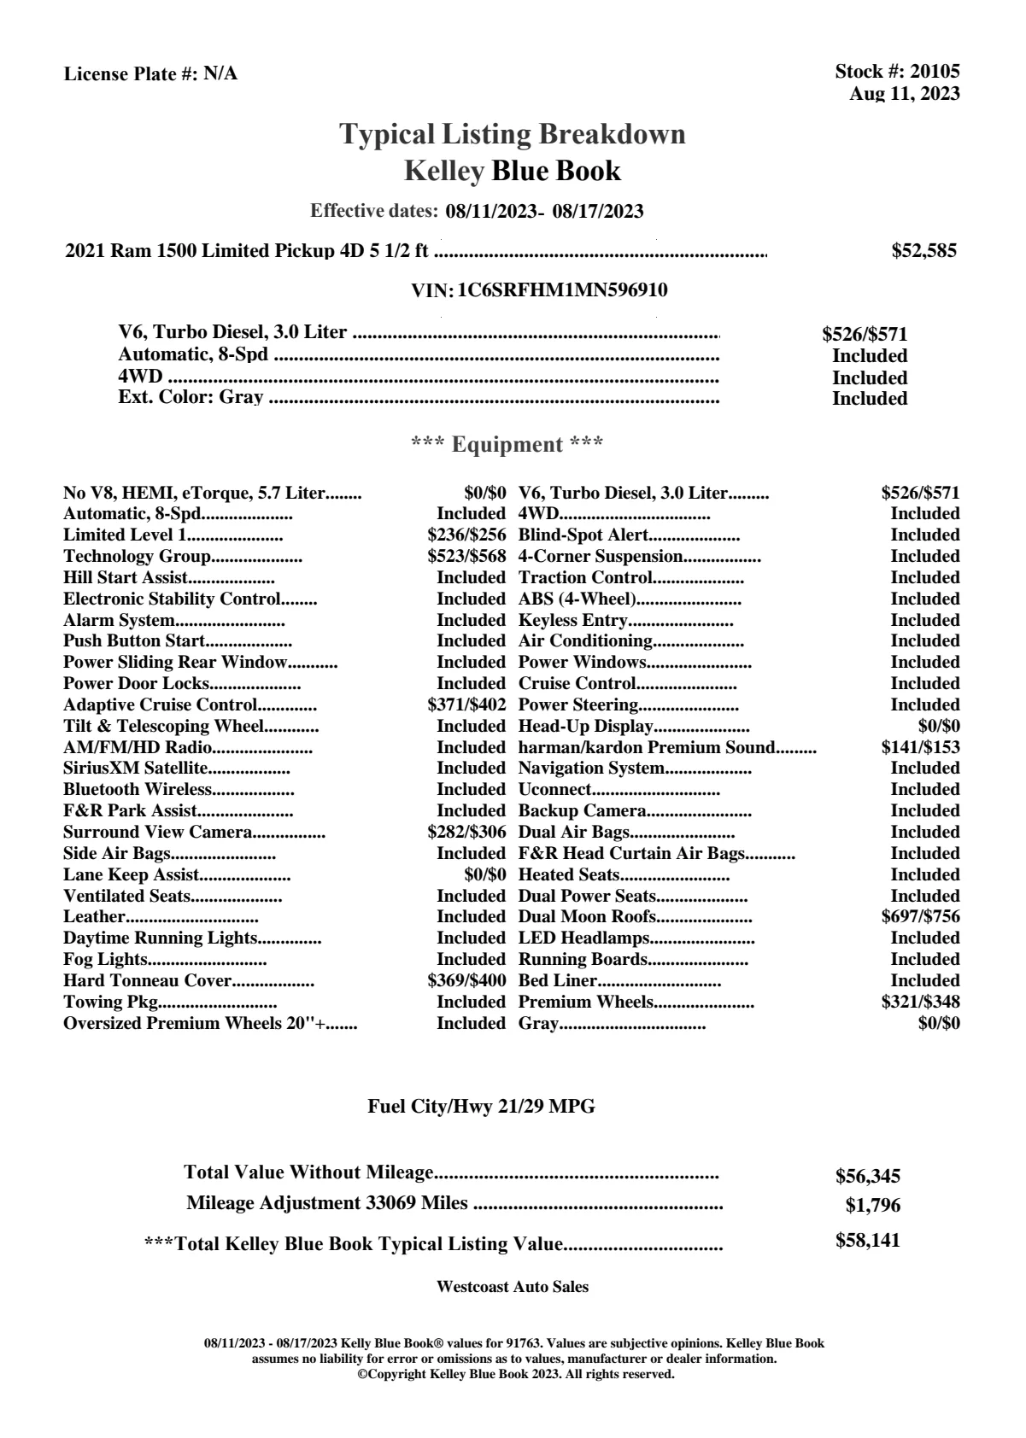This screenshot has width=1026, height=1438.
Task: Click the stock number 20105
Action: (935, 73)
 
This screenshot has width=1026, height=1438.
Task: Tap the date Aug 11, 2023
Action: (904, 94)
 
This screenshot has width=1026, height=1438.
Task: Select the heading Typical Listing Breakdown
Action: (513, 134)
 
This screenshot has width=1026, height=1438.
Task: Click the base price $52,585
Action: (923, 251)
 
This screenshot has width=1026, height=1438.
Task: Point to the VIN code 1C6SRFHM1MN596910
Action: (562, 290)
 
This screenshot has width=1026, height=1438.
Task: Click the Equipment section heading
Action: (507, 445)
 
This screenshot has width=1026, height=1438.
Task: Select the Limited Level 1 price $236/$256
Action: (466, 535)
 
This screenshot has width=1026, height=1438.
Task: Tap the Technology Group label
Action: (137, 557)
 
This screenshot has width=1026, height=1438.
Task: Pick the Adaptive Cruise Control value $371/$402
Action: (466, 705)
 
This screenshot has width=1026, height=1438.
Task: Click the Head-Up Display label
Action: (585, 727)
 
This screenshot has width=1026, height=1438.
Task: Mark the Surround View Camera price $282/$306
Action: (466, 833)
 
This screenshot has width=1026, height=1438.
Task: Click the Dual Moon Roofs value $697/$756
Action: (920, 917)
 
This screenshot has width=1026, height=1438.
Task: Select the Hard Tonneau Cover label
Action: (148, 981)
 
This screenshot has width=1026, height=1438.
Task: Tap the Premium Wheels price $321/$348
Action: (920, 1003)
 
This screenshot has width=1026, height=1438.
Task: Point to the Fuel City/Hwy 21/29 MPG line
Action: (481, 1107)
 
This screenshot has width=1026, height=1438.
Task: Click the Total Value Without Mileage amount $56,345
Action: (867, 1177)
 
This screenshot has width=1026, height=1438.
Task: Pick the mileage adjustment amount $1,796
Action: (872, 1206)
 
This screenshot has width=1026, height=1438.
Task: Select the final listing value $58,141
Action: (867, 1241)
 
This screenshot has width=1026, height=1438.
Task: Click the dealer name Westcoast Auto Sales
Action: (512, 1287)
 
